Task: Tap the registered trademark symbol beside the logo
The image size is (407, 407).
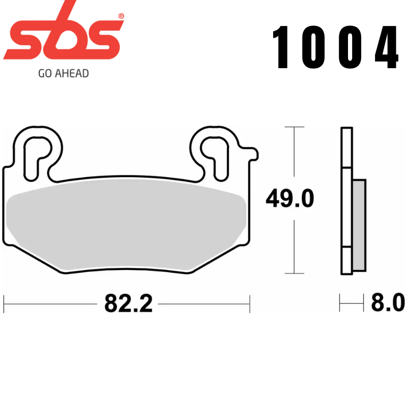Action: click(121, 16)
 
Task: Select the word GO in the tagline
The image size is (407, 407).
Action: click(44, 73)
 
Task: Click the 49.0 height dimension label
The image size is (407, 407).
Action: click(289, 199)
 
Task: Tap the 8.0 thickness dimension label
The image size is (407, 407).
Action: click(388, 304)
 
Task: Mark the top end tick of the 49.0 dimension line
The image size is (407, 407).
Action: click(294, 127)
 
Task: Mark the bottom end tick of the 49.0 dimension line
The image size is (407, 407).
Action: click(294, 274)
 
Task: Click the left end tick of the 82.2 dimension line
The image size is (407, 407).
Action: click(4, 304)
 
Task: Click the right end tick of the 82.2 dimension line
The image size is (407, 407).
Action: click(249, 304)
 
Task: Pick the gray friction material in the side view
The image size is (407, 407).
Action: click(359, 224)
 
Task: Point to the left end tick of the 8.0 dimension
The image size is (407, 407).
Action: click(340, 304)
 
